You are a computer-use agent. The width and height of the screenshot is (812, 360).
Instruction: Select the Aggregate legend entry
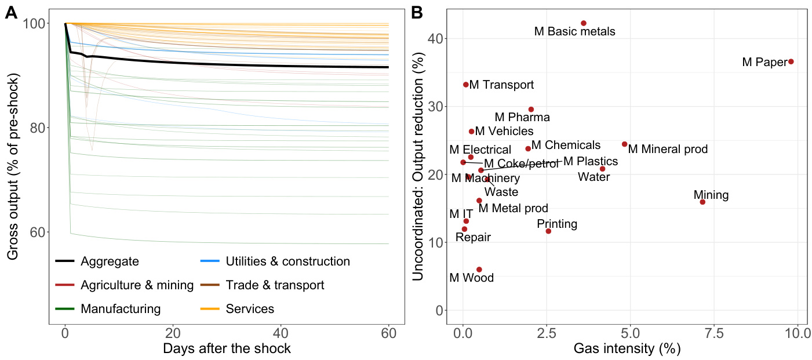pyautogui.click(x=110, y=261)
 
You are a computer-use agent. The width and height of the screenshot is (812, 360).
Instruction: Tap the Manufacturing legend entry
pyautogui.click(x=120, y=309)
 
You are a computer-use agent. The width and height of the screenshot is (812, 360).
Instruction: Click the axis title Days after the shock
pyautogui.click(x=227, y=349)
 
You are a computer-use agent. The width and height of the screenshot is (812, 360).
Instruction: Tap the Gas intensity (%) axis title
pyautogui.click(x=627, y=349)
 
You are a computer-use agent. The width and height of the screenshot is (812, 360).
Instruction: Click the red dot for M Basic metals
pyautogui.click(x=584, y=23)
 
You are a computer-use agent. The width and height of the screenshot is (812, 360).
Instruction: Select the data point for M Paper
pyautogui.click(x=791, y=61)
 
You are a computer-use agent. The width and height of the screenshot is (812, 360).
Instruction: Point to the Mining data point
pyautogui.click(x=702, y=202)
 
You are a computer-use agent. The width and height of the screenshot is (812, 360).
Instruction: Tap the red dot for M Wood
pyautogui.click(x=479, y=270)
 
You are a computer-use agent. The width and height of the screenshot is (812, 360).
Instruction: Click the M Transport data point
pyautogui.click(x=466, y=85)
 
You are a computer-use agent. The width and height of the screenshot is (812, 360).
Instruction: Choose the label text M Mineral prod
pyautogui.click(x=668, y=149)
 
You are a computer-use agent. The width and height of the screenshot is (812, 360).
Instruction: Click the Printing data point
pyautogui.click(x=548, y=231)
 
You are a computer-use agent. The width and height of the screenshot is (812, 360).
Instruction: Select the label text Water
pyautogui.click(x=594, y=177)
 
